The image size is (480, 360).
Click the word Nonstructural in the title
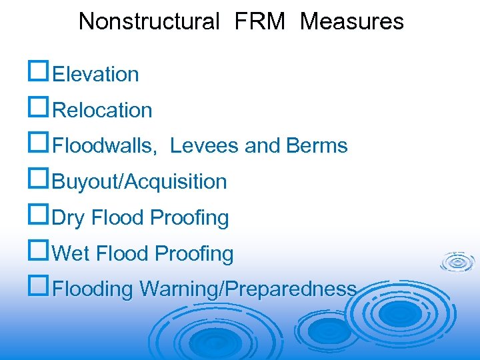click(x=149, y=22)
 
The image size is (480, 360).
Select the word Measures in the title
click(x=352, y=22)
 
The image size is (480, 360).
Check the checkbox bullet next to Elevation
click(x=39, y=73)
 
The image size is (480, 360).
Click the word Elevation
click(x=95, y=75)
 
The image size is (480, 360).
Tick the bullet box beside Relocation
click(x=39, y=109)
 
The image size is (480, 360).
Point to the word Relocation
click(x=102, y=111)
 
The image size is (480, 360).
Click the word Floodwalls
click(x=105, y=146)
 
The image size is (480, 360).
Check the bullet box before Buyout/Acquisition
click(x=39, y=180)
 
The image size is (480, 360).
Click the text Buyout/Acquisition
click(x=139, y=182)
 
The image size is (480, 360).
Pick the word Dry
click(x=69, y=218)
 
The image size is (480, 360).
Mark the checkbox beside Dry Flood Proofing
click(x=39, y=216)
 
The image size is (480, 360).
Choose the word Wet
click(x=71, y=254)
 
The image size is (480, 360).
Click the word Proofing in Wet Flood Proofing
click(x=194, y=254)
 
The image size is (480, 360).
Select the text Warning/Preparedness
click(x=248, y=290)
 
